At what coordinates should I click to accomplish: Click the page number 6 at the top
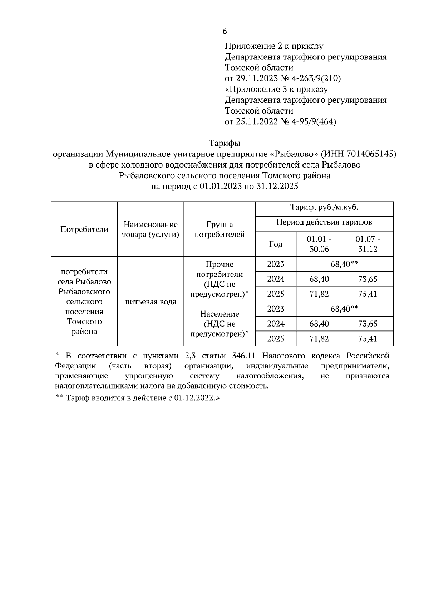pyautogui.click(x=225, y=32)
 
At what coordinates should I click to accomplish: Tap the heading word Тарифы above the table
pyautogui.click(x=225, y=143)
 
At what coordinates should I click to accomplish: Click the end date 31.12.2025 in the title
pyautogui.click(x=277, y=186)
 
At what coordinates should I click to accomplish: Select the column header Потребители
pyautogui.click(x=84, y=230)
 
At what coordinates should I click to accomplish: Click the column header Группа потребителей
pyautogui.click(x=220, y=230)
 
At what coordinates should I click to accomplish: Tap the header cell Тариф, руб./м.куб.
pyautogui.click(x=324, y=207)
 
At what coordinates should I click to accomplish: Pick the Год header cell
pyautogui.click(x=276, y=244)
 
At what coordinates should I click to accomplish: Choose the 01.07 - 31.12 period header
pyautogui.click(x=368, y=244)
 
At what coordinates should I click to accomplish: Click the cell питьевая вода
pyautogui.click(x=151, y=301)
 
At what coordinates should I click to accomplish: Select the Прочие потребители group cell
pyautogui.click(x=220, y=279)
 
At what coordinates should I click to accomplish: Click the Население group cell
pyautogui.click(x=220, y=324)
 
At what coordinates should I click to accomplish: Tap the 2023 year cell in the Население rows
pyautogui.click(x=276, y=309)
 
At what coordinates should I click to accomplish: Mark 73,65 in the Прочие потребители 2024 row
pyautogui.click(x=368, y=279)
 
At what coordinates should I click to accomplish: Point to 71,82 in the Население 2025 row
pyautogui.click(x=319, y=338)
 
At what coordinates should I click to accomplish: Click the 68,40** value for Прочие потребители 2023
pyautogui.click(x=344, y=264)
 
